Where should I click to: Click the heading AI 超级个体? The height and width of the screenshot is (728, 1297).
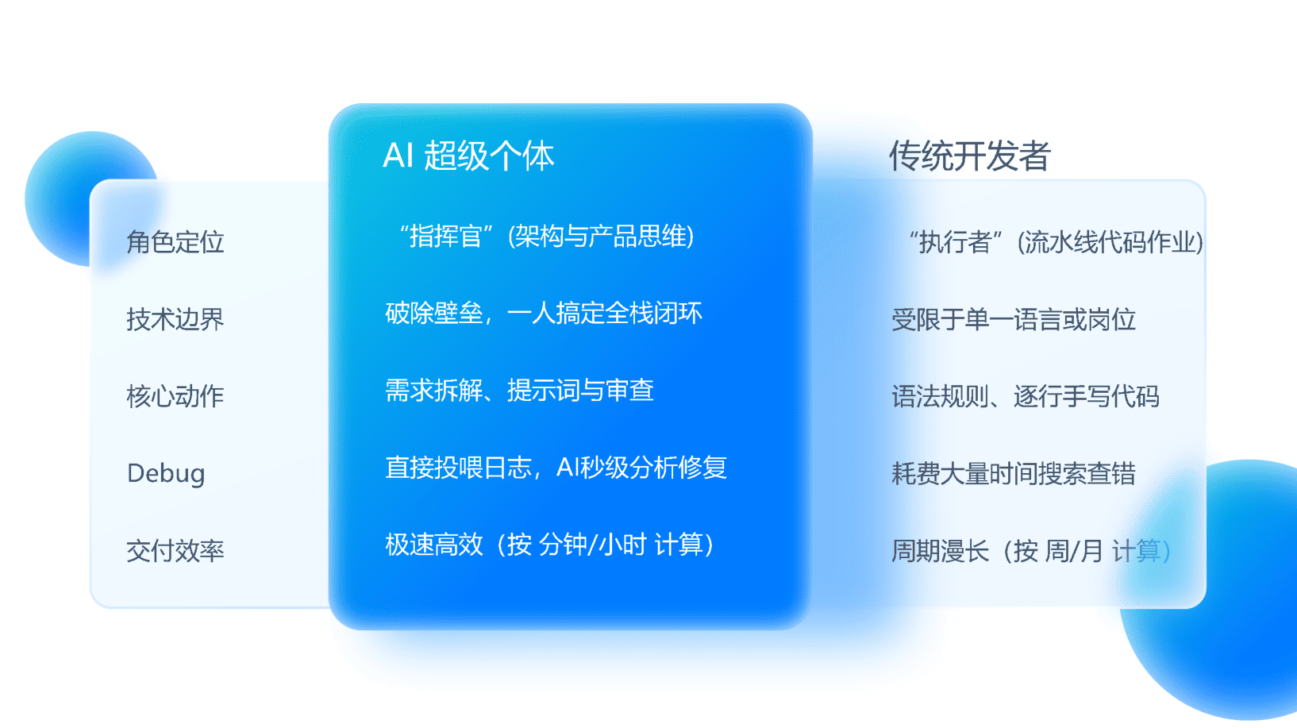tap(468, 156)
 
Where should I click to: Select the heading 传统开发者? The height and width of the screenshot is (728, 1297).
tap(969, 156)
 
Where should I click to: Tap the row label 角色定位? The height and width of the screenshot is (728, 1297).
tap(175, 242)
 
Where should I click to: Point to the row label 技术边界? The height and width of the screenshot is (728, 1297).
tap(175, 319)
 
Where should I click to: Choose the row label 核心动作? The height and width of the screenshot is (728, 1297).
tap(175, 397)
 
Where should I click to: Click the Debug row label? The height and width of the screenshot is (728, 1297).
tap(166, 474)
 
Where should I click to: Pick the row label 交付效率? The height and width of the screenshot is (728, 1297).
tap(175, 551)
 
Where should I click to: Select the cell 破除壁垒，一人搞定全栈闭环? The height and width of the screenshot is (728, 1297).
tap(544, 314)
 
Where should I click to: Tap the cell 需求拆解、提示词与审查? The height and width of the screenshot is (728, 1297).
tap(519, 391)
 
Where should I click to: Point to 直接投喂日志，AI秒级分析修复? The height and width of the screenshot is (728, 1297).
tap(556, 468)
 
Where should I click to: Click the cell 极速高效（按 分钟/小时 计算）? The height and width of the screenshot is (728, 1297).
tap(550, 545)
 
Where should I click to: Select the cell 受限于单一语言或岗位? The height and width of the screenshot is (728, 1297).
tap(1014, 319)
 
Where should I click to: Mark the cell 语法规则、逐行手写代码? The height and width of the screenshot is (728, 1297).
tap(1026, 397)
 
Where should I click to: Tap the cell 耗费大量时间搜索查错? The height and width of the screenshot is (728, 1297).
tap(1014, 474)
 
